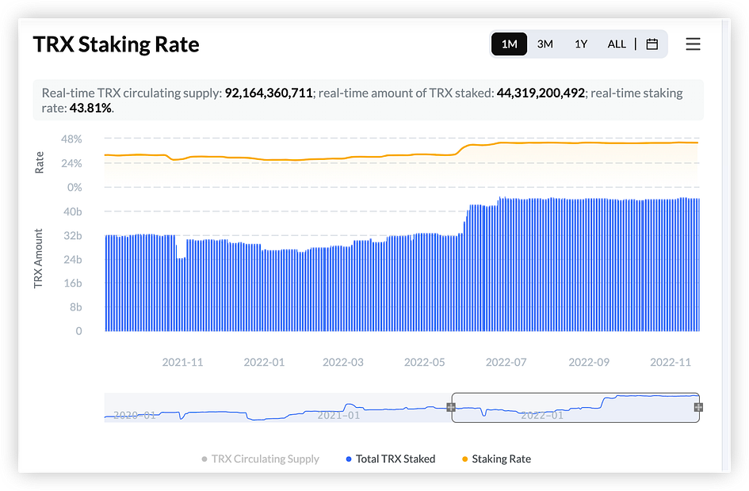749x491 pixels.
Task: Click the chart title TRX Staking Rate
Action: click(116, 44)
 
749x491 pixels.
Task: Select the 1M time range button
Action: click(509, 44)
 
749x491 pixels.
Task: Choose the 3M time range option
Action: click(545, 44)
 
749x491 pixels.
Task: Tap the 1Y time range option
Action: click(581, 44)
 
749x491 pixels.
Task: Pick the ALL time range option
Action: click(617, 44)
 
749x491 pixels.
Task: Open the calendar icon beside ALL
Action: click(652, 44)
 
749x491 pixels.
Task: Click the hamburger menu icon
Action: click(693, 44)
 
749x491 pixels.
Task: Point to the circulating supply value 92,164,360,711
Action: click(268, 93)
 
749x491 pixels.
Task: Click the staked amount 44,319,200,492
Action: click(541, 93)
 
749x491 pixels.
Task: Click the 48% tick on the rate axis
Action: click(71, 139)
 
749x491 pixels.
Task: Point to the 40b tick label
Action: click(72, 211)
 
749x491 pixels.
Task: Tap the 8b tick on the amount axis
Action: click(75, 307)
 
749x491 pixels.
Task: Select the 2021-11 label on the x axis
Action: click(182, 362)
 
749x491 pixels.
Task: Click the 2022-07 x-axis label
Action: click(506, 362)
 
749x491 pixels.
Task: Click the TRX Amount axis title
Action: click(39, 259)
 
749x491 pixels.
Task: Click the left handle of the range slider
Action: click(451, 407)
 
